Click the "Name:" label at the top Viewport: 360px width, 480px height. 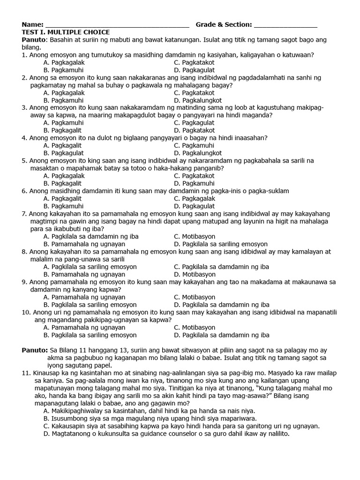(32, 24)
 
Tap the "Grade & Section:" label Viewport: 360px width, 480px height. (224, 24)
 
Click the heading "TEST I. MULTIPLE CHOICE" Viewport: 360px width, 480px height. (66, 32)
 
